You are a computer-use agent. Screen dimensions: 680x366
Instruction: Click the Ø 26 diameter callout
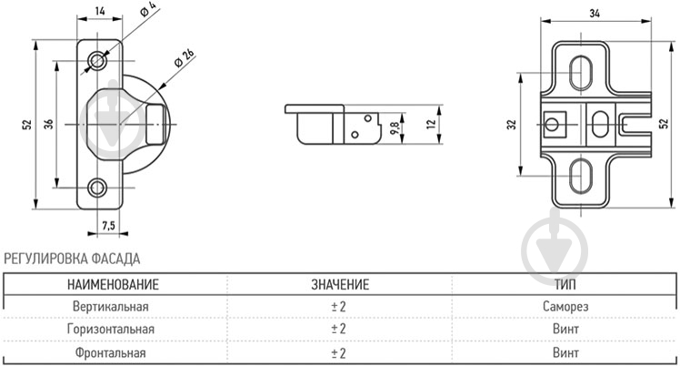click(185, 58)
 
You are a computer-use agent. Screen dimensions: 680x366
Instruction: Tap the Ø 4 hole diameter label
click(148, 9)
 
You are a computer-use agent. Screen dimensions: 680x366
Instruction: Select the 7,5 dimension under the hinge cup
click(108, 226)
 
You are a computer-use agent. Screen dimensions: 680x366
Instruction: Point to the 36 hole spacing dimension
click(48, 124)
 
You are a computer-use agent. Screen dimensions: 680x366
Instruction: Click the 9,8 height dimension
click(395, 128)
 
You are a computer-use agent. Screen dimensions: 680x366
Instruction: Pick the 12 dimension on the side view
click(431, 124)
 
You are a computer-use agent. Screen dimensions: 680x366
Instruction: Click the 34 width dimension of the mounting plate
click(595, 14)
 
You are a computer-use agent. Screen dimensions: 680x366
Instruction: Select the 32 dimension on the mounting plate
click(512, 125)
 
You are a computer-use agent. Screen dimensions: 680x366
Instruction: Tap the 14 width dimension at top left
click(100, 11)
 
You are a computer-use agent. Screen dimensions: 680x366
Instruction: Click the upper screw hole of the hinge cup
click(97, 60)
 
